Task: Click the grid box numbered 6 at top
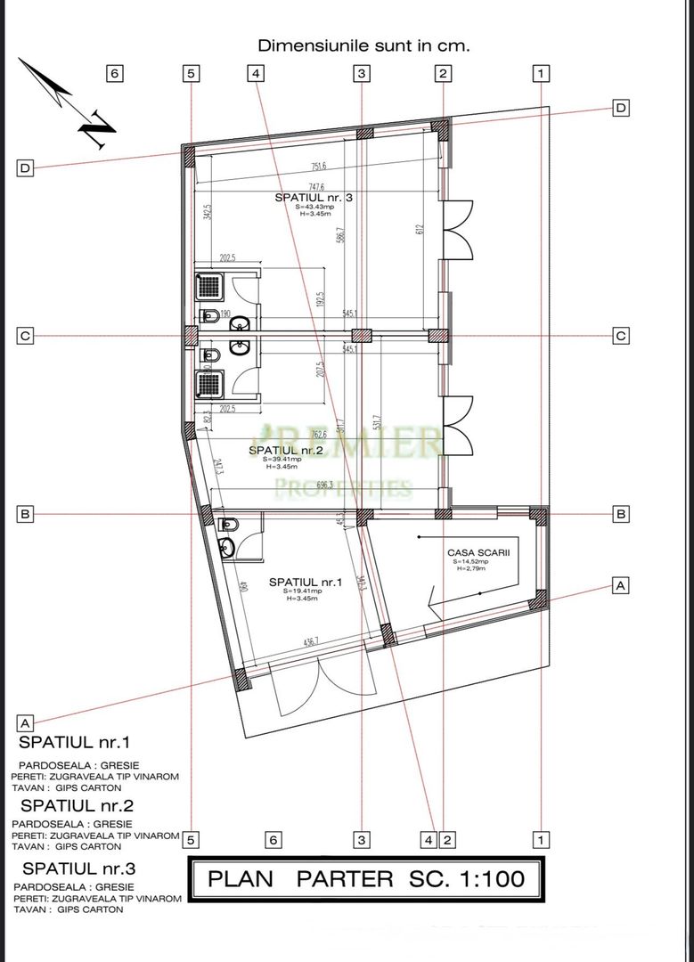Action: pyautogui.click(x=114, y=73)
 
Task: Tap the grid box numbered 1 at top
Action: pyautogui.click(x=541, y=73)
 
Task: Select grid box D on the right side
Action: pyautogui.click(x=622, y=108)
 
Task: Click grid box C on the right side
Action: pyautogui.click(x=622, y=336)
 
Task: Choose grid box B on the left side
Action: pyautogui.click(x=25, y=514)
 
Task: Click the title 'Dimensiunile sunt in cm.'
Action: pyautogui.click(x=363, y=44)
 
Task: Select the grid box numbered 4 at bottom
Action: pyautogui.click(x=429, y=839)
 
